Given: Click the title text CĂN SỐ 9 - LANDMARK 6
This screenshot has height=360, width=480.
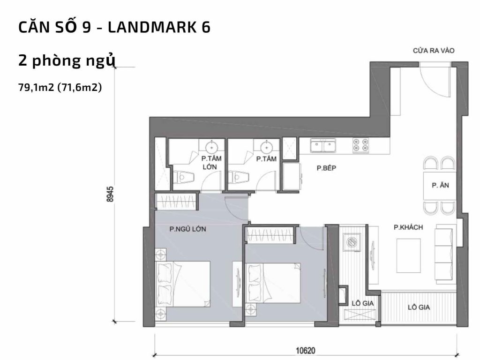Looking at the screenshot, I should [x=114, y=28].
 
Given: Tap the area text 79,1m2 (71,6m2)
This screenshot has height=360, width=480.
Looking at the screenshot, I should [x=60, y=87].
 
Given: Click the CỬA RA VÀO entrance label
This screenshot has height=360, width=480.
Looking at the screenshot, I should [x=433, y=51].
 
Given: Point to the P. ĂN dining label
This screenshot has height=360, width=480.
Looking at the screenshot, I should [x=440, y=185].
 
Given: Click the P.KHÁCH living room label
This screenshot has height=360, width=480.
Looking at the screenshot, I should [x=408, y=227].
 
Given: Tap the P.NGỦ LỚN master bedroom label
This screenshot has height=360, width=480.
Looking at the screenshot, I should [x=188, y=229].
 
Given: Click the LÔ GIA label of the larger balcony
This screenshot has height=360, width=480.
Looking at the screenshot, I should [x=419, y=308].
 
